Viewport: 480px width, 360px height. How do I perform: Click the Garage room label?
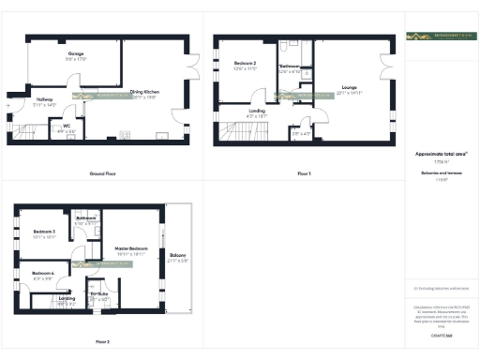pyautogui.click(x=76, y=54)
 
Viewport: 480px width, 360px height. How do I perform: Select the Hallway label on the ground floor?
pyautogui.click(x=44, y=99)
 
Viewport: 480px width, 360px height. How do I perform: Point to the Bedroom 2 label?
pyautogui.click(x=245, y=63)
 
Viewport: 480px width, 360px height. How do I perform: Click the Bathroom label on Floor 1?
pyautogui.click(x=290, y=67)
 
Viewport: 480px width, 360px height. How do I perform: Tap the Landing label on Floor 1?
pyautogui.click(x=257, y=112)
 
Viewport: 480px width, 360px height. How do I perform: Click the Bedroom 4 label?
pyautogui.click(x=43, y=274)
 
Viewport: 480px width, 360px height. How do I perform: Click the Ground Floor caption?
pyautogui.click(x=102, y=174)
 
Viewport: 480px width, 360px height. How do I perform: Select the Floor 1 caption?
pyautogui.click(x=304, y=174)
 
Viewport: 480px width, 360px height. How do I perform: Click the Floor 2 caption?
pyautogui.click(x=102, y=342)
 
